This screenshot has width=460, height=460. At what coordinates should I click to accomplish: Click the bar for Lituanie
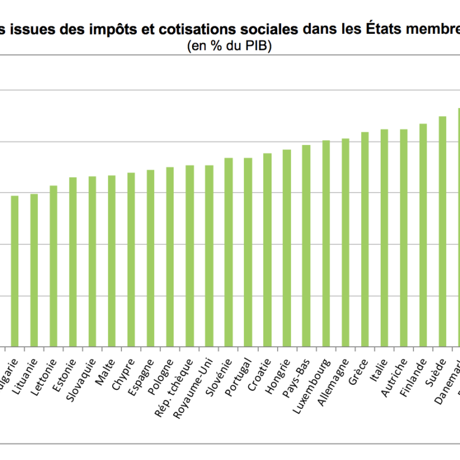point(34,270)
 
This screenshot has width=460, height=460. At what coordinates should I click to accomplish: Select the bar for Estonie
point(73,262)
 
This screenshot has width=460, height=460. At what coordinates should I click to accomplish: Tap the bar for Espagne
point(151,258)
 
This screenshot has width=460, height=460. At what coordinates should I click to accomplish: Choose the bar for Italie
point(384,238)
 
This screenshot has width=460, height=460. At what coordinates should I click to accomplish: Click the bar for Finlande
point(423,235)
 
